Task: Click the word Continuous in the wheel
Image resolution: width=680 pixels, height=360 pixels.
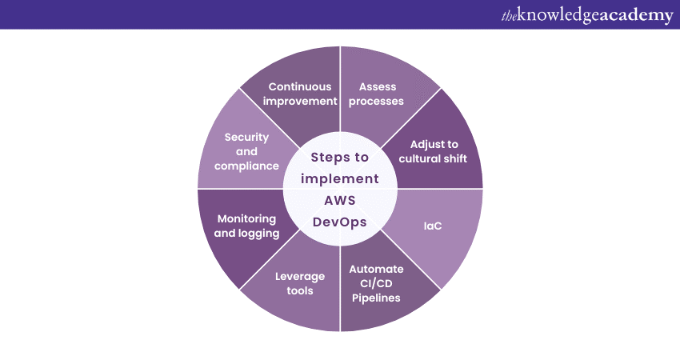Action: [300, 86]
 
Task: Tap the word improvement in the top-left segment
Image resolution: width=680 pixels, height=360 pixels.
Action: [300, 102]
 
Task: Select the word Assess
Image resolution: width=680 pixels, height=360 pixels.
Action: [378, 86]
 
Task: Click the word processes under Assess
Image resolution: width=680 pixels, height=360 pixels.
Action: [376, 102]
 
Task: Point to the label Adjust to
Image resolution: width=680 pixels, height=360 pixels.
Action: [434, 145]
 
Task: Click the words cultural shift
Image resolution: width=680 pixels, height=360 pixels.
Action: [433, 158]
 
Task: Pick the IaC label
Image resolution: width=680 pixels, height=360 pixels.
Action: [432, 226]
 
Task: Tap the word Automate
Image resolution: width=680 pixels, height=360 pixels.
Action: [376, 269]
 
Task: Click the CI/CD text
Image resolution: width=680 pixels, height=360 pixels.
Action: [376, 284]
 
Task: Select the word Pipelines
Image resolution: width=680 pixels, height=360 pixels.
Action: [376, 298]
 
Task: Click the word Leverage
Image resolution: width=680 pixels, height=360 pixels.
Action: [300, 277]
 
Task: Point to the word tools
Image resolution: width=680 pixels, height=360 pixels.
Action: [300, 290]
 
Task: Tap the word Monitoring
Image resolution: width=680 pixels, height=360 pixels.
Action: [246, 219]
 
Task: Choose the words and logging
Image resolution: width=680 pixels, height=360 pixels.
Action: [246, 234]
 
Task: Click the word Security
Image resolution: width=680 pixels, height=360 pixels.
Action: [246, 138]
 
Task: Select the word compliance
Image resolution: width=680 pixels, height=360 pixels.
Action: [246, 166]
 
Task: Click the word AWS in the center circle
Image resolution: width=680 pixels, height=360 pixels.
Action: [340, 200]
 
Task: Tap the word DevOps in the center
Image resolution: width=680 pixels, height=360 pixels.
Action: [340, 222]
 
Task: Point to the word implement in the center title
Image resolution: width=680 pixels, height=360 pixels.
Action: [340, 178]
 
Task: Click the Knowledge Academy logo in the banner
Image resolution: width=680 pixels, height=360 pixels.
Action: [587, 15]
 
